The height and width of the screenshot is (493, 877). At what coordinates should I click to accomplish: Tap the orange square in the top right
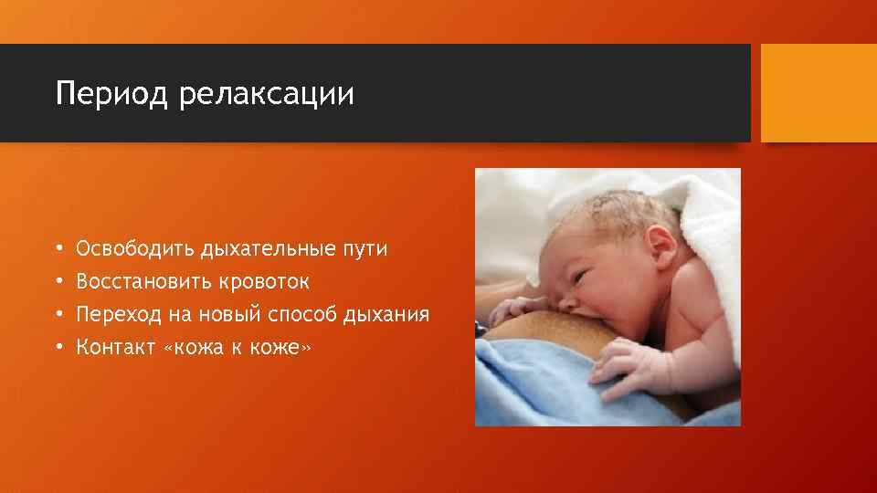click(x=819, y=93)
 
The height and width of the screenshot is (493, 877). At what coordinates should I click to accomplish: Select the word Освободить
click(x=135, y=248)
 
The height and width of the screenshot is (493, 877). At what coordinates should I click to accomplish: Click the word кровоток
click(x=264, y=281)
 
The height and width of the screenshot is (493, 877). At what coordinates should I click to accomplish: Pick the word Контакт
click(x=113, y=347)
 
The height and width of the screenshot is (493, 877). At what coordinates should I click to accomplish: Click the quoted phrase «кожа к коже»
click(x=239, y=347)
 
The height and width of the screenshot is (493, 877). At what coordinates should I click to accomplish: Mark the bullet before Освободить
click(x=58, y=248)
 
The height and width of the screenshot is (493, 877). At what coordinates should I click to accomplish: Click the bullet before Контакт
click(x=58, y=347)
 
